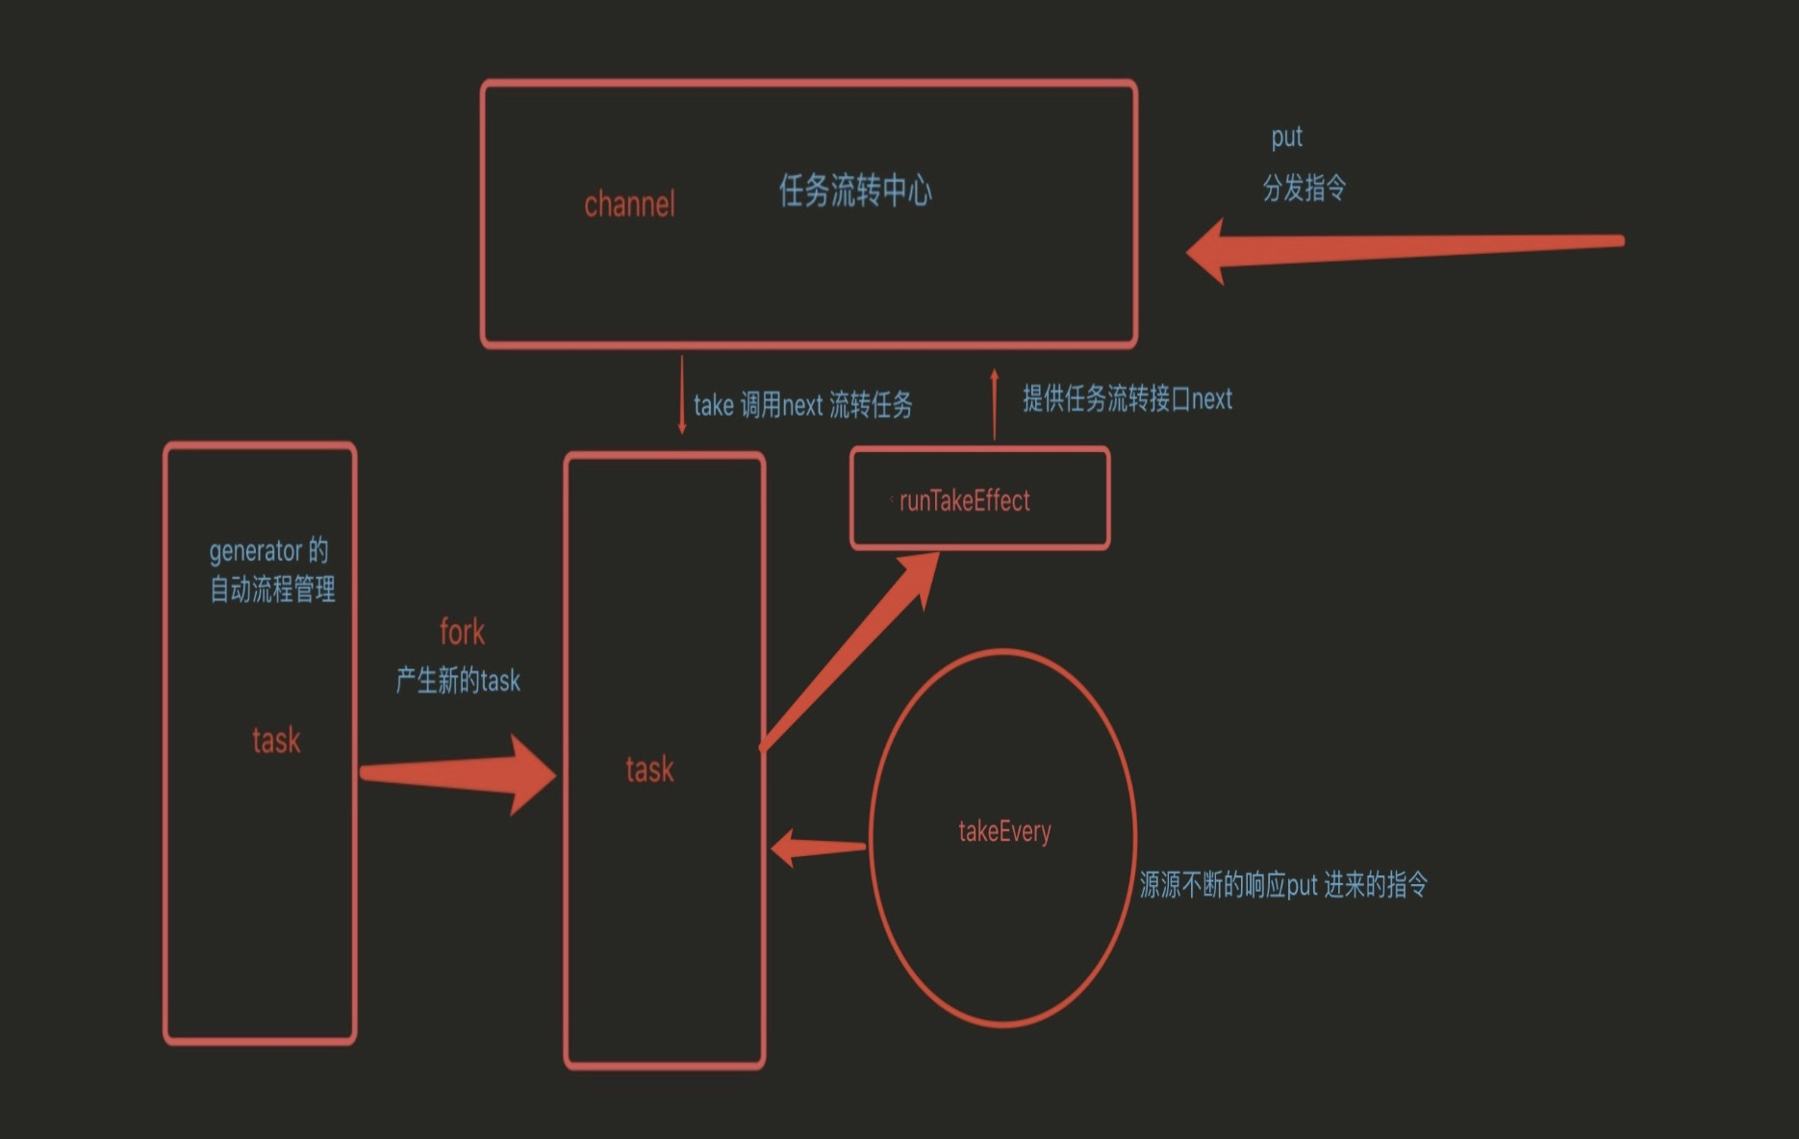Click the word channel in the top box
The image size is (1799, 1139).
pyautogui.click(x=629, y=204)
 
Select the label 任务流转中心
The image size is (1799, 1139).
pyautogui.click(x=854, y=190)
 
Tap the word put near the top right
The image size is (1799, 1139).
pyautogui.click(x=1286, y=138)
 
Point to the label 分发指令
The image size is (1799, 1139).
pyautogui.click(x=1304, y=188)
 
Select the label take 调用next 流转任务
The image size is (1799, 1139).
pyautogui.click(x=802, y=405)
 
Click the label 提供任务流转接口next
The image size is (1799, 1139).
pyautogui.click(x=1127, y=398)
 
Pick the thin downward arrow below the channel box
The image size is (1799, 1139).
pyautogui.click(x=682, y=394)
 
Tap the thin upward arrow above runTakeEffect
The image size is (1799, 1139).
pyautogui.click(x=995, y=404)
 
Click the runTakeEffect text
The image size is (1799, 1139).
pyautogui.click(x=964, y=500)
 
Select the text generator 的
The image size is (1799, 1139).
pyautogui.click(x=268, y=551)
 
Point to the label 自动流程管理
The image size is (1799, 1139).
pyautogui.click(x=272, y=589)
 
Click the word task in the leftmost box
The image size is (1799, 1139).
pyautogui.click(x=276, y=740)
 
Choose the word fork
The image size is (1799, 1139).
pyautogui.click(x=462, y=632)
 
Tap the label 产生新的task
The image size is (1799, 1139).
pyautogui.click(x=458, y=680)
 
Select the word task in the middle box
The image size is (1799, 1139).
pyautogui.click(x=649, y=769)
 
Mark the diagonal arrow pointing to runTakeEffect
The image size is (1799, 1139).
pyautogui.click(x=847, y=654)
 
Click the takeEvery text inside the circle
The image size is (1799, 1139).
pyautogui.click(x=1004, y=831)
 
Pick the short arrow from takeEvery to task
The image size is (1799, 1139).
pyautogui.click(x=818, y=848)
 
